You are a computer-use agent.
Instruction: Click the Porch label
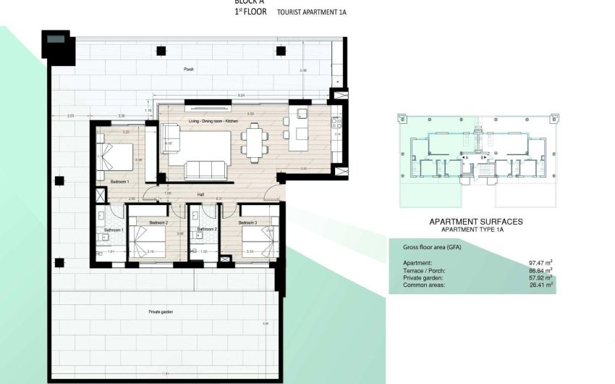pyautogui.click(x=188, y=70)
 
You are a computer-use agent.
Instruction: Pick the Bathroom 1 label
pyautogui.click(x=114, y=230)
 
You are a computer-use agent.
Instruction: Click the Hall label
pyautogui.click(x=200, y=194)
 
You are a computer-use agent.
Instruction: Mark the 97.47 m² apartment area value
pyautogui.click(x=541, y=262)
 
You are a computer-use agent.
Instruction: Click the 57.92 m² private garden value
pyautogui.click(x=541, y=277)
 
